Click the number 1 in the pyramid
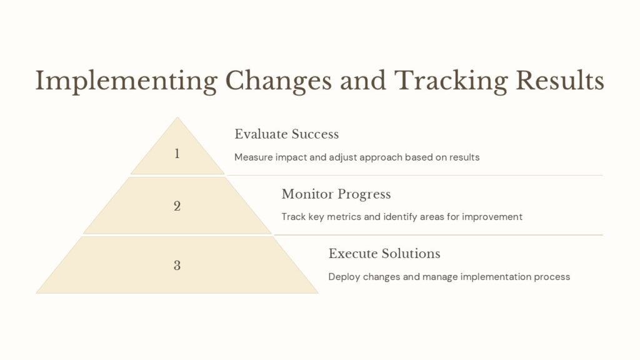(177, 153)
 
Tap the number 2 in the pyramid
(177, 206)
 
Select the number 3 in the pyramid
(177, 265)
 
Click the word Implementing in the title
(126, 81)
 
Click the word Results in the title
(559, 81)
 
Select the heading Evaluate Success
(286, 134)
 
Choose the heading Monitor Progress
(336, 194)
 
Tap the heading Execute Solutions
(384, 254)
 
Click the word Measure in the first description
(252, 157)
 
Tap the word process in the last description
(551, 277)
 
